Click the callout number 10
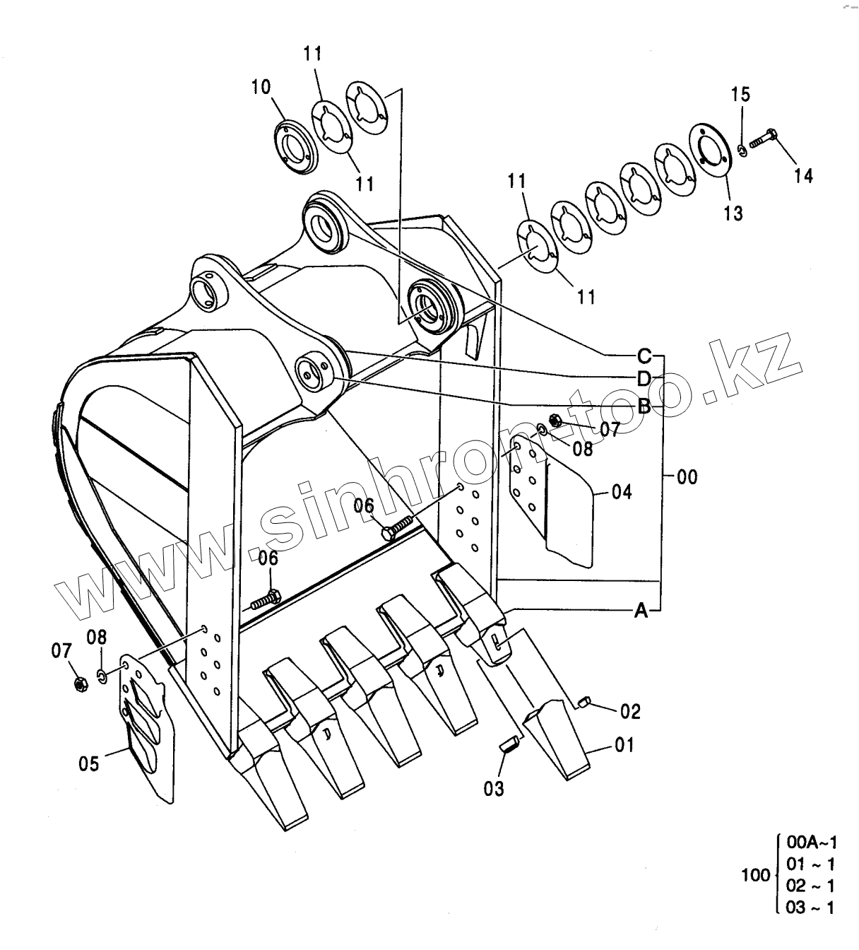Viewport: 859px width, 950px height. click(261, 87)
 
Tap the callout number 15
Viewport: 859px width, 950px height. click(741, 95)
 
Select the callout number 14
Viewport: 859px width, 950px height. click(802, 176)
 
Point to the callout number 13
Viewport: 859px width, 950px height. click(733, 213)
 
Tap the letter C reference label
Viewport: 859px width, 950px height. click(644, 355)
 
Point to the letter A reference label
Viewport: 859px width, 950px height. click(641, 611)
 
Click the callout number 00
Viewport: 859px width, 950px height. click(687, 477)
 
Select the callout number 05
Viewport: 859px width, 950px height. click(89, 763)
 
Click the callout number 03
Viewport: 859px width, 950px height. click(494, 789)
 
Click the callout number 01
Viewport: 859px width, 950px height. click(624, 746)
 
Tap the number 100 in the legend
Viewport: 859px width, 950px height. click(756, 889)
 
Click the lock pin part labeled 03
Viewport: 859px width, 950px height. click(507, 745)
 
